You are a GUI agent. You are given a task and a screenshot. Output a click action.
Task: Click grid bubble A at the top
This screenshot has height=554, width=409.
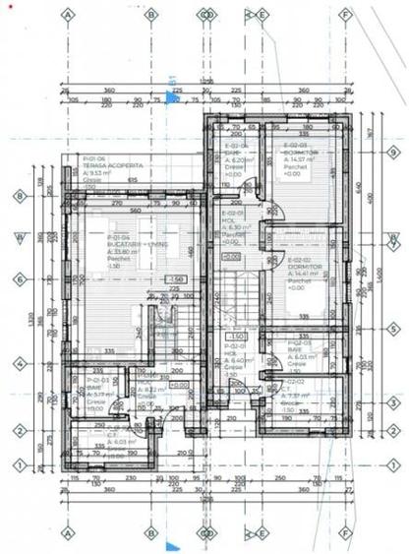coord(67,16)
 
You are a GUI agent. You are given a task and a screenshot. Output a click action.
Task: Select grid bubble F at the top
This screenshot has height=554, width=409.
coord(345,16)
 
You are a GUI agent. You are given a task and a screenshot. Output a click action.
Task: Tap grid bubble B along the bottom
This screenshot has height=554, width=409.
coord(150,532)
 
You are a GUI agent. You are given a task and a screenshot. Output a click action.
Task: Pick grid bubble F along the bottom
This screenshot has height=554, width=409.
coord(345,532)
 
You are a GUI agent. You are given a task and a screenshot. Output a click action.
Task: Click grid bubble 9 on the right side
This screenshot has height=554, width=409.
coord(390,153)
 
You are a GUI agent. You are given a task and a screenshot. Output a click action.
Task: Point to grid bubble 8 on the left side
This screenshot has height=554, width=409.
coord(18,195)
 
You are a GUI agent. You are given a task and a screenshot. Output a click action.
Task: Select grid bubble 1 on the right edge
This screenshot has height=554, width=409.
coord(390,464)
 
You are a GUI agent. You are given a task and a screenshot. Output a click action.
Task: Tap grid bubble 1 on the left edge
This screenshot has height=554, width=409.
coord(18,464)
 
